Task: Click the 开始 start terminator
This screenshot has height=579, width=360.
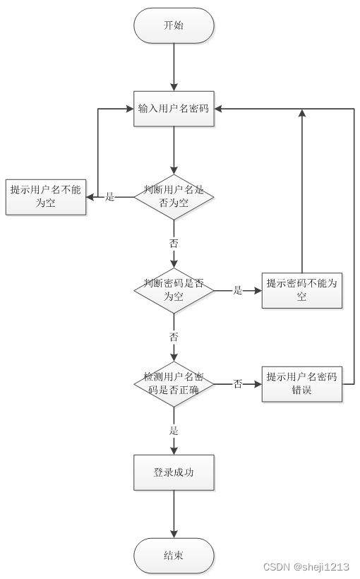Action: click(174, 25)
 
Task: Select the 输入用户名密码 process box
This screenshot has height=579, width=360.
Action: click(174, 109)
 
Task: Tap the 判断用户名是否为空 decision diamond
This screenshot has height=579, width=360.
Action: click(174, 196)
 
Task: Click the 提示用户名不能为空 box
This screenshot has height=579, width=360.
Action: click(45, 196)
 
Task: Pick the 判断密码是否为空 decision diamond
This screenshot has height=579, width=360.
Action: click(174, 290)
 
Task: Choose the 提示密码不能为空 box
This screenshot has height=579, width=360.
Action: click(301, 290)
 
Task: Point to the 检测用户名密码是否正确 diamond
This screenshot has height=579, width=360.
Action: click(174, 383)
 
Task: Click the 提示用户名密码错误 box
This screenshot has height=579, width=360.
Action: click(301, 383)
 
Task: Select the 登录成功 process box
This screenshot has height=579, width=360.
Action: click(174, 472)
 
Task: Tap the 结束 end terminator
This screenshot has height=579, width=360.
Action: click(174, 556)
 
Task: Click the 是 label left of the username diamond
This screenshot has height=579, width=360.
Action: click(109, 197)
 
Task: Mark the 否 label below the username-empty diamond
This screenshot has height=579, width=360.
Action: click(174, 243)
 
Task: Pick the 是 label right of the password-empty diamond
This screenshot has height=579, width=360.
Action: click(238, 290)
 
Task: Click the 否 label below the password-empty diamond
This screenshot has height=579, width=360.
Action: click(174, 337)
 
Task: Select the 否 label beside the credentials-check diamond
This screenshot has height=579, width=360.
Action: click(238, 383)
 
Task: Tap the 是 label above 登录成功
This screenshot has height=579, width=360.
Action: click(174, 430)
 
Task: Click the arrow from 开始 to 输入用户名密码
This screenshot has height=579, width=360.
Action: click(174, 67)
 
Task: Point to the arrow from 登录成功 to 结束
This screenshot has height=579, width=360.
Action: click(174, 514)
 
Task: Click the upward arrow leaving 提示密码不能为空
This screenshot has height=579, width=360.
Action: click(302, 191)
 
